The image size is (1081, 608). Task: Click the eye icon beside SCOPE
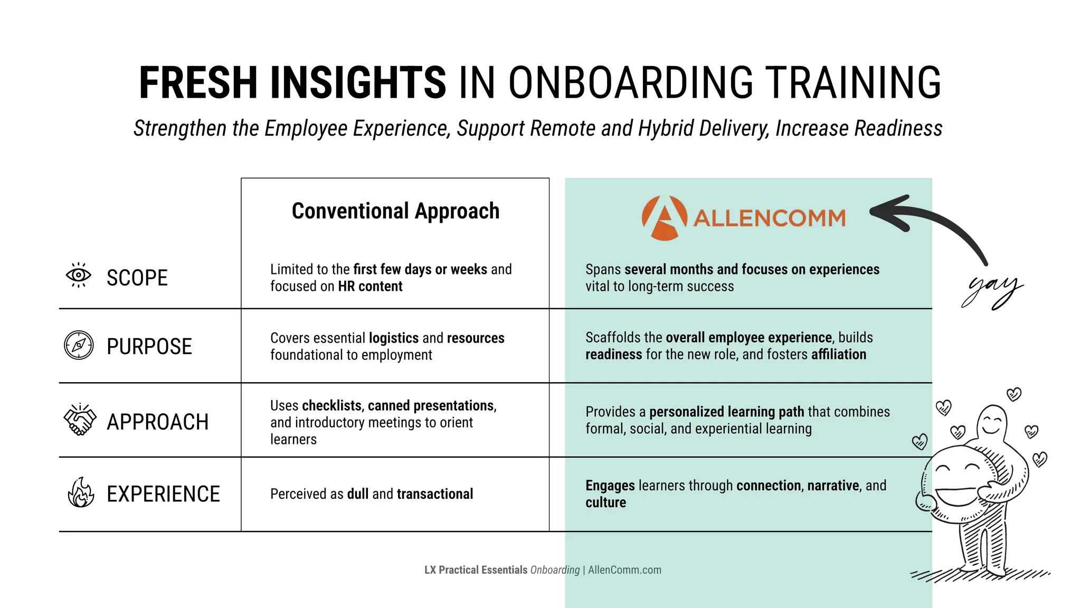[x=78, y=275]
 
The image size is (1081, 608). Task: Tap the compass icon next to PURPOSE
[x=79, y=346]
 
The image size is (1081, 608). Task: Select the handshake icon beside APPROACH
[x=80, y=420]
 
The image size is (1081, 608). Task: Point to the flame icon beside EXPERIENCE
[x=81, y=493]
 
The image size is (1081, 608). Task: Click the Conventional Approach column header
[x=395, y=211]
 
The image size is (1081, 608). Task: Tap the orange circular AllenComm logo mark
[x=664, y=218]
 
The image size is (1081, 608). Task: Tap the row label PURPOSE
[x=149, y=347]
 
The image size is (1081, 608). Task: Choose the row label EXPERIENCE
[x=163, y=495]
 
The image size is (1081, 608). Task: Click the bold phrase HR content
[x=370, y=287]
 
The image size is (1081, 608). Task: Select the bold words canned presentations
[x=431, y=406]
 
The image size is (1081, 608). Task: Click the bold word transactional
[x=435, y=494]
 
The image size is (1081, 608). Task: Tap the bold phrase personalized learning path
[x=726, y=412]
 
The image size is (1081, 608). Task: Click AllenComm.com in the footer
[x=624, y=570]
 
